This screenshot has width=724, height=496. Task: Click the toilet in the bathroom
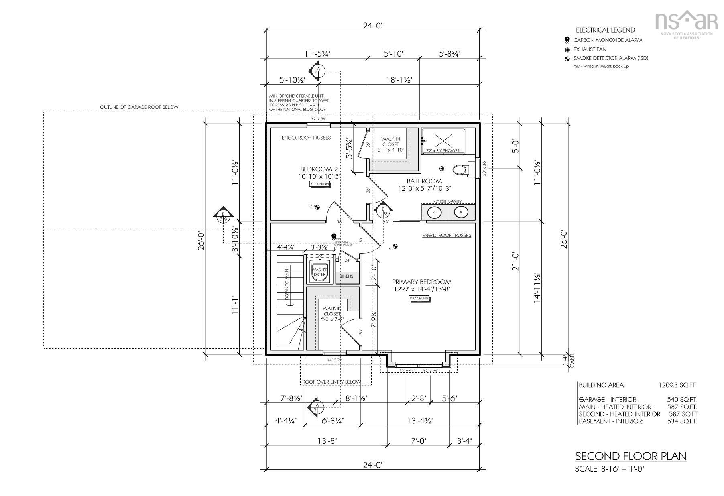461,170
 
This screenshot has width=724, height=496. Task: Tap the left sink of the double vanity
434,211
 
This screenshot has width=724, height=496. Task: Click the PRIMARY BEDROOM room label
422,282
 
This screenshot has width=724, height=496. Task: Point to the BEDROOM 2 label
316,169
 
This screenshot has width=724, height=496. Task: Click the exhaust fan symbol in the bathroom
442,168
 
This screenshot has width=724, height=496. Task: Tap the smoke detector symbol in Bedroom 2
317,207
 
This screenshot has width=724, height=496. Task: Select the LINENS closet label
347,276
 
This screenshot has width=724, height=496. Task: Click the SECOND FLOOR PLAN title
630,456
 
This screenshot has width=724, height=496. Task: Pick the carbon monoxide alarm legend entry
607,40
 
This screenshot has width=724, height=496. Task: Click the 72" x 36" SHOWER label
443,151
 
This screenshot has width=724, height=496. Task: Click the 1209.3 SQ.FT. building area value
677,385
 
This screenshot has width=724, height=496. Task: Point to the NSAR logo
686,23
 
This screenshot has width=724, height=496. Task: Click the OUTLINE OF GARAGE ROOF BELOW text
139,107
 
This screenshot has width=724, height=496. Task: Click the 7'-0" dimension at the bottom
419,441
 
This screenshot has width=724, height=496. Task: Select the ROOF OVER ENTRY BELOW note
331,382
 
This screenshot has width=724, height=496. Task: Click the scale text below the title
609,469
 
